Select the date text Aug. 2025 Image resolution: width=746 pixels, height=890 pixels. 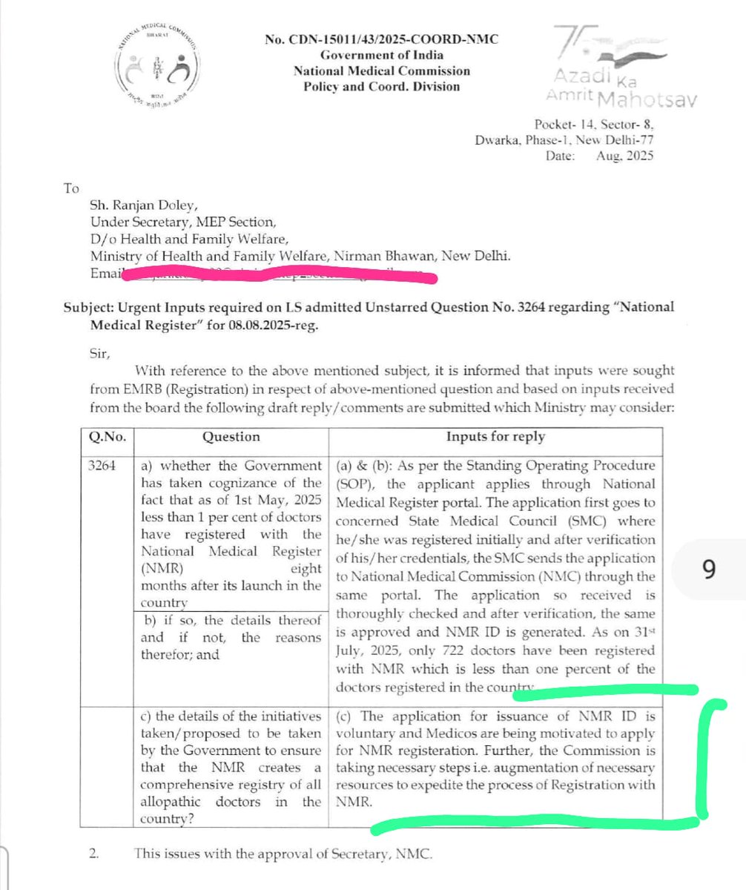click(625, 155)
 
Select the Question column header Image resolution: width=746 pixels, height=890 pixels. click(231, 437)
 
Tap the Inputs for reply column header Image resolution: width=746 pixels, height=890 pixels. click(495, 437)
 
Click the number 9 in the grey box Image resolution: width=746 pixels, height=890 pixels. click(708, 569)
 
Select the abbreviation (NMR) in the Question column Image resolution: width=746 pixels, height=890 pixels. click(162, 567)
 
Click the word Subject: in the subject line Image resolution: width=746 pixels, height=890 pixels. click(89, 307)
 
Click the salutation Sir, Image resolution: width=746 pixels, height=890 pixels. click(100, 354)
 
